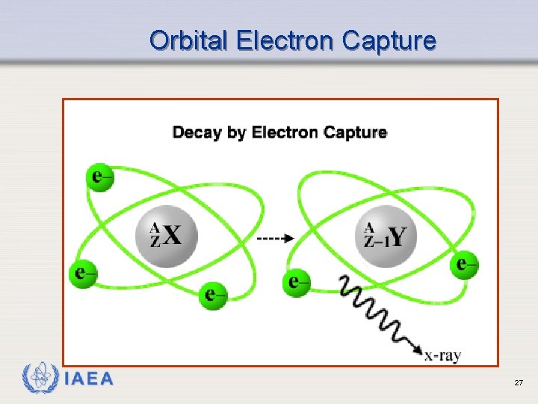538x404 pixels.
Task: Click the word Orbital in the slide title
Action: pos(189,40)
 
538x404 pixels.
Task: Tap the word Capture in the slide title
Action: pos(389,40)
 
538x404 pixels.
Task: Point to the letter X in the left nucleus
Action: pos(173,236)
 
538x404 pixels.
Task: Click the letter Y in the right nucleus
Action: pos(398,236)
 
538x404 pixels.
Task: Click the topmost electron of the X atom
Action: pos(100,177)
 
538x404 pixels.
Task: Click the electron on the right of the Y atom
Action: pos(465,264)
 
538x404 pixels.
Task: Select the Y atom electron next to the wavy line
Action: pos(297,282)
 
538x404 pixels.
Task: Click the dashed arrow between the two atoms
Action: pos(276,239)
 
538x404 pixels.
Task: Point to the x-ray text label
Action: pos(442,356)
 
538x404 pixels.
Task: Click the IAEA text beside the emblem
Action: pos(88,379)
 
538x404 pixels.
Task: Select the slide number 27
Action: pos(518,383)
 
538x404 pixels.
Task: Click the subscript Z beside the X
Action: pos(155,242)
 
